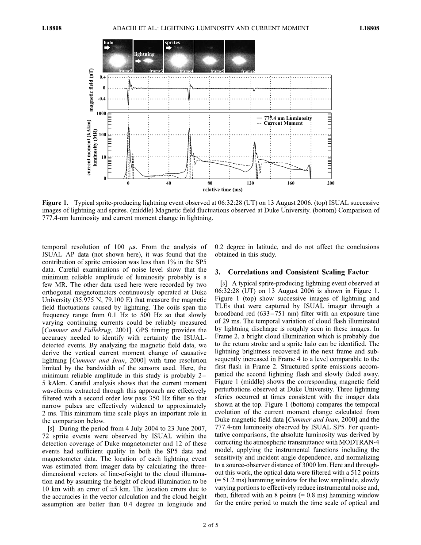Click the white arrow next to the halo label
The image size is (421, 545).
107,49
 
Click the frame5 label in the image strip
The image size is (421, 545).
217,71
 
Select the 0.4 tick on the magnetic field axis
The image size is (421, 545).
102,77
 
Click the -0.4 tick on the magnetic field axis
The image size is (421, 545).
102,99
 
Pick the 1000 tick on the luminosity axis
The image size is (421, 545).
101,114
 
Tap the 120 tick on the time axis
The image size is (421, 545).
250,183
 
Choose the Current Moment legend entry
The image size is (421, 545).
283,123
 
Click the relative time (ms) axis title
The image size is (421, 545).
222,189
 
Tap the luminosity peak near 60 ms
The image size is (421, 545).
189,129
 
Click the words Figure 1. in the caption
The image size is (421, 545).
56,203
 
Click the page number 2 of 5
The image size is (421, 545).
210,526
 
